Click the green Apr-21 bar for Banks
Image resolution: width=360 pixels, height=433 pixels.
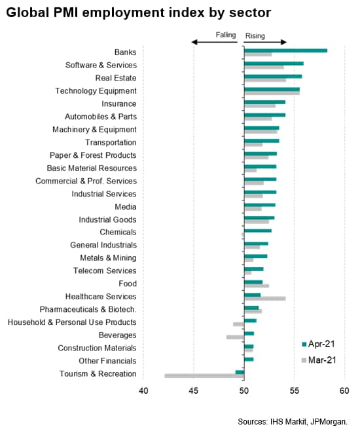[x=285, y=50]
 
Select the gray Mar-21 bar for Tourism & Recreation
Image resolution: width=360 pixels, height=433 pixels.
[x=204, y=375]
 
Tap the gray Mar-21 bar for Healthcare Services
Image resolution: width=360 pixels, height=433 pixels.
[x=265, y=299]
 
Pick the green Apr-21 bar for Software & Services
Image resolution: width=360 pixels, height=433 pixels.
[x=274, y=64]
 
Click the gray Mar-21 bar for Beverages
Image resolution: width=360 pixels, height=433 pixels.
[x=235, y=337]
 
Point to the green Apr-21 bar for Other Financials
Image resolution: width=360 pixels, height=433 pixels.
[x=249, y=359]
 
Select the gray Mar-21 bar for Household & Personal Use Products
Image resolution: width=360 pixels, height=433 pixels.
[x=238, y=324]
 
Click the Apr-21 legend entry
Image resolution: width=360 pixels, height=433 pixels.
[x=319, y=344]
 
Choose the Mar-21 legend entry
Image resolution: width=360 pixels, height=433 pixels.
[x=319, y=360]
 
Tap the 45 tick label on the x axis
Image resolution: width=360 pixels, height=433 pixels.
[x=194, y=391]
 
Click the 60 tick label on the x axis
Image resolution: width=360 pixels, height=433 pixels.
[x=344, y=391]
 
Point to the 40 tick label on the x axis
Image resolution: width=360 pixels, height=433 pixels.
[x=143, y=391]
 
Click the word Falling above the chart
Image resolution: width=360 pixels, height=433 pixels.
[x=226, y=35]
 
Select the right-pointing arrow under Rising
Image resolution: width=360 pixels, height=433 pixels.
[x=265, y=42]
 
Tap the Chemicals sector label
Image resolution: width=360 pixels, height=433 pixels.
[x=118, y=233]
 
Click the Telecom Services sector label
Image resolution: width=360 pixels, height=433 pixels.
[x=105, y=271]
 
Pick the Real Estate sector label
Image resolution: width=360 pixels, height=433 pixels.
[x=116, y=78]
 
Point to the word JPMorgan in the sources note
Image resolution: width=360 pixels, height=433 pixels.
[x=329, y=422]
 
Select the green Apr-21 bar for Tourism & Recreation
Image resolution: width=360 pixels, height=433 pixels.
[x=240, y=372]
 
